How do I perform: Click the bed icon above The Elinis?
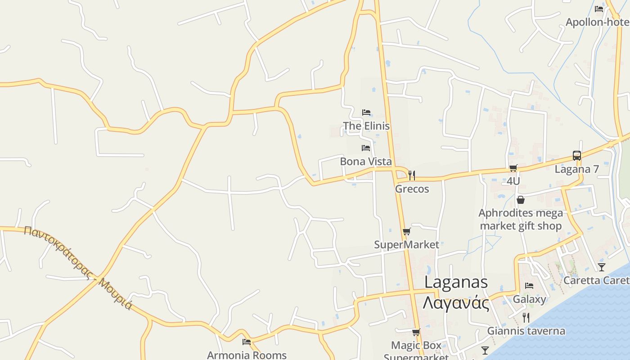tap(366, 112)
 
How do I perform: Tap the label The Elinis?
tap(366, 126)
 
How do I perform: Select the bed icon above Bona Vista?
tap(366, 148)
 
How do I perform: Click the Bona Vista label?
tap(366, 161)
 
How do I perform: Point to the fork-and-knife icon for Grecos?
tap(411, 175)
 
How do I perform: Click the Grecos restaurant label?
tap(412, 189)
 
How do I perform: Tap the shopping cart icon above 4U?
tap(513, 168)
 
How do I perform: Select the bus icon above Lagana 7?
tap(577, 156)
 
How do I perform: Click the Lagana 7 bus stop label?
tap(576, 169)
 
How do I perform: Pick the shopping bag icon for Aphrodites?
tap(521, 199)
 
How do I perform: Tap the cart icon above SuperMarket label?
tap(406, 231)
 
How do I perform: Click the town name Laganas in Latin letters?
tap(456, 282)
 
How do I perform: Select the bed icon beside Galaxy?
tap(529, 285)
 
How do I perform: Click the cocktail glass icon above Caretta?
tap(602, 267)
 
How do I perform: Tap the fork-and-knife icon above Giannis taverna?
tap(526, 318)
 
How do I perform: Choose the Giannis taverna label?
tap(526, 331)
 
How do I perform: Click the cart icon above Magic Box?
tap(416, 333)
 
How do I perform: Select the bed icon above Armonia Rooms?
tap(246, 342)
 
